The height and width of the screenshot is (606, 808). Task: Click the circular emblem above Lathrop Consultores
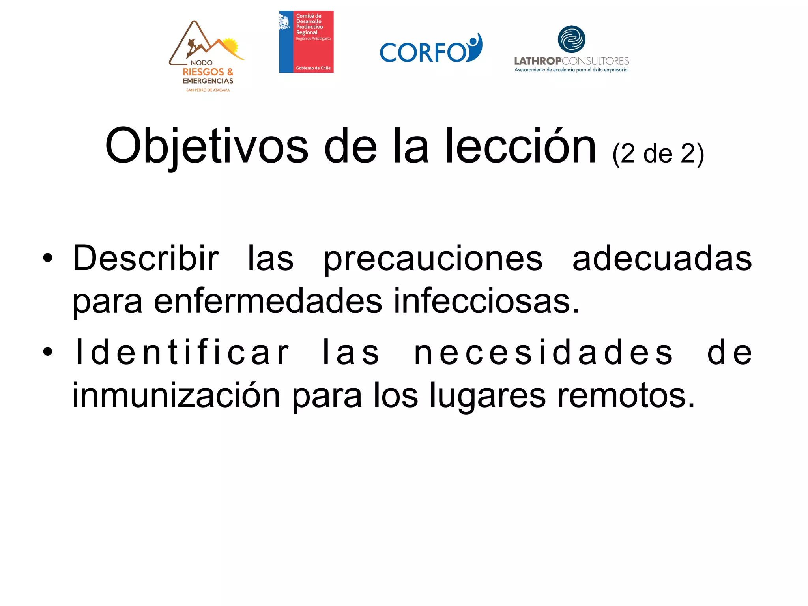click(x=571, y=39)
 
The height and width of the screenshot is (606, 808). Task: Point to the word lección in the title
click(x=520, y=146)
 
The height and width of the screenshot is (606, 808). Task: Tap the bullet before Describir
click(x=48, y=258)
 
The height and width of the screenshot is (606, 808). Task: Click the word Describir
click(x=146, y=258)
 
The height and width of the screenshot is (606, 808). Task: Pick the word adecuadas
click(x=662, y=258)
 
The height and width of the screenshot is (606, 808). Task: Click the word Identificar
click(x=182, y=352)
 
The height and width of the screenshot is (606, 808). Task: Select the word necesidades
click(x=543, y=352)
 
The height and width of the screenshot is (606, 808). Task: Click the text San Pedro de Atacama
click(x=208, y=90)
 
